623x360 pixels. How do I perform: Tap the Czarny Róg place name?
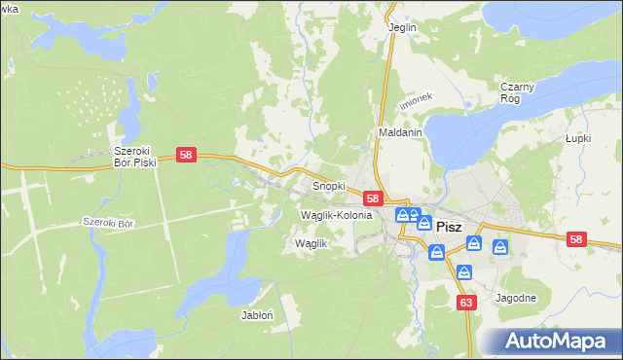518,92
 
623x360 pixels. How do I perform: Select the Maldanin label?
399,132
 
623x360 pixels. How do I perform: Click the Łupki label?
579,138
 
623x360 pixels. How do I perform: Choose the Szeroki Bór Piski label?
135,158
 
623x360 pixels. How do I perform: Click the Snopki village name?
328,184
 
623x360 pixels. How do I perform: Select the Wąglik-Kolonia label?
337,214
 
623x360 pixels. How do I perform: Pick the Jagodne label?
516,298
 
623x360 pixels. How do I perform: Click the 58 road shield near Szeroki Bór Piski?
188,155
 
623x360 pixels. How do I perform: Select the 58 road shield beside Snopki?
373,198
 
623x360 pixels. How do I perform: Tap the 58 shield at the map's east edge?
576,239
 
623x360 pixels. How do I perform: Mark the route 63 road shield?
466,303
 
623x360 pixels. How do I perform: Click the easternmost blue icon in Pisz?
500,248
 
